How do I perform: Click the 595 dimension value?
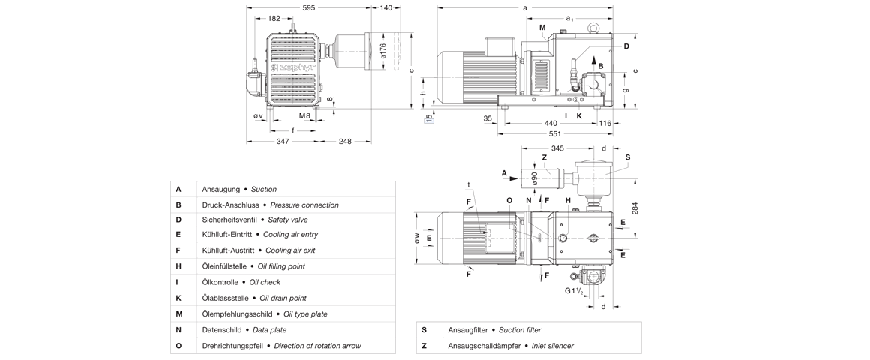[x=308, y=7]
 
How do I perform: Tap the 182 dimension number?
[x=274, y=19]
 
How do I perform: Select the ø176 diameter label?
[x=382, y=51]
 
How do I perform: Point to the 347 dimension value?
[x=283, y=141]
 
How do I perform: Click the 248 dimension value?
[x=345, y=141]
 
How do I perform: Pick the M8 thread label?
[x=304, y=116]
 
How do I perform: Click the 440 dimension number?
[x=550, y=123]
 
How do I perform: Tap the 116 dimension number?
[x=605, y=123]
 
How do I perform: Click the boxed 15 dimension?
[x=429, y=118]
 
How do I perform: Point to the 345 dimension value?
[x=557, y=148]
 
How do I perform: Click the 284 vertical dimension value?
[x=634, y=208]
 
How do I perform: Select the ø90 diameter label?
[x=534, y=178]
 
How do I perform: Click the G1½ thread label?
[x=574, y=291]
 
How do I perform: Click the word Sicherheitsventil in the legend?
[x=229, y=220]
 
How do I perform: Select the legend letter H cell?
[x=179, y=266]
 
